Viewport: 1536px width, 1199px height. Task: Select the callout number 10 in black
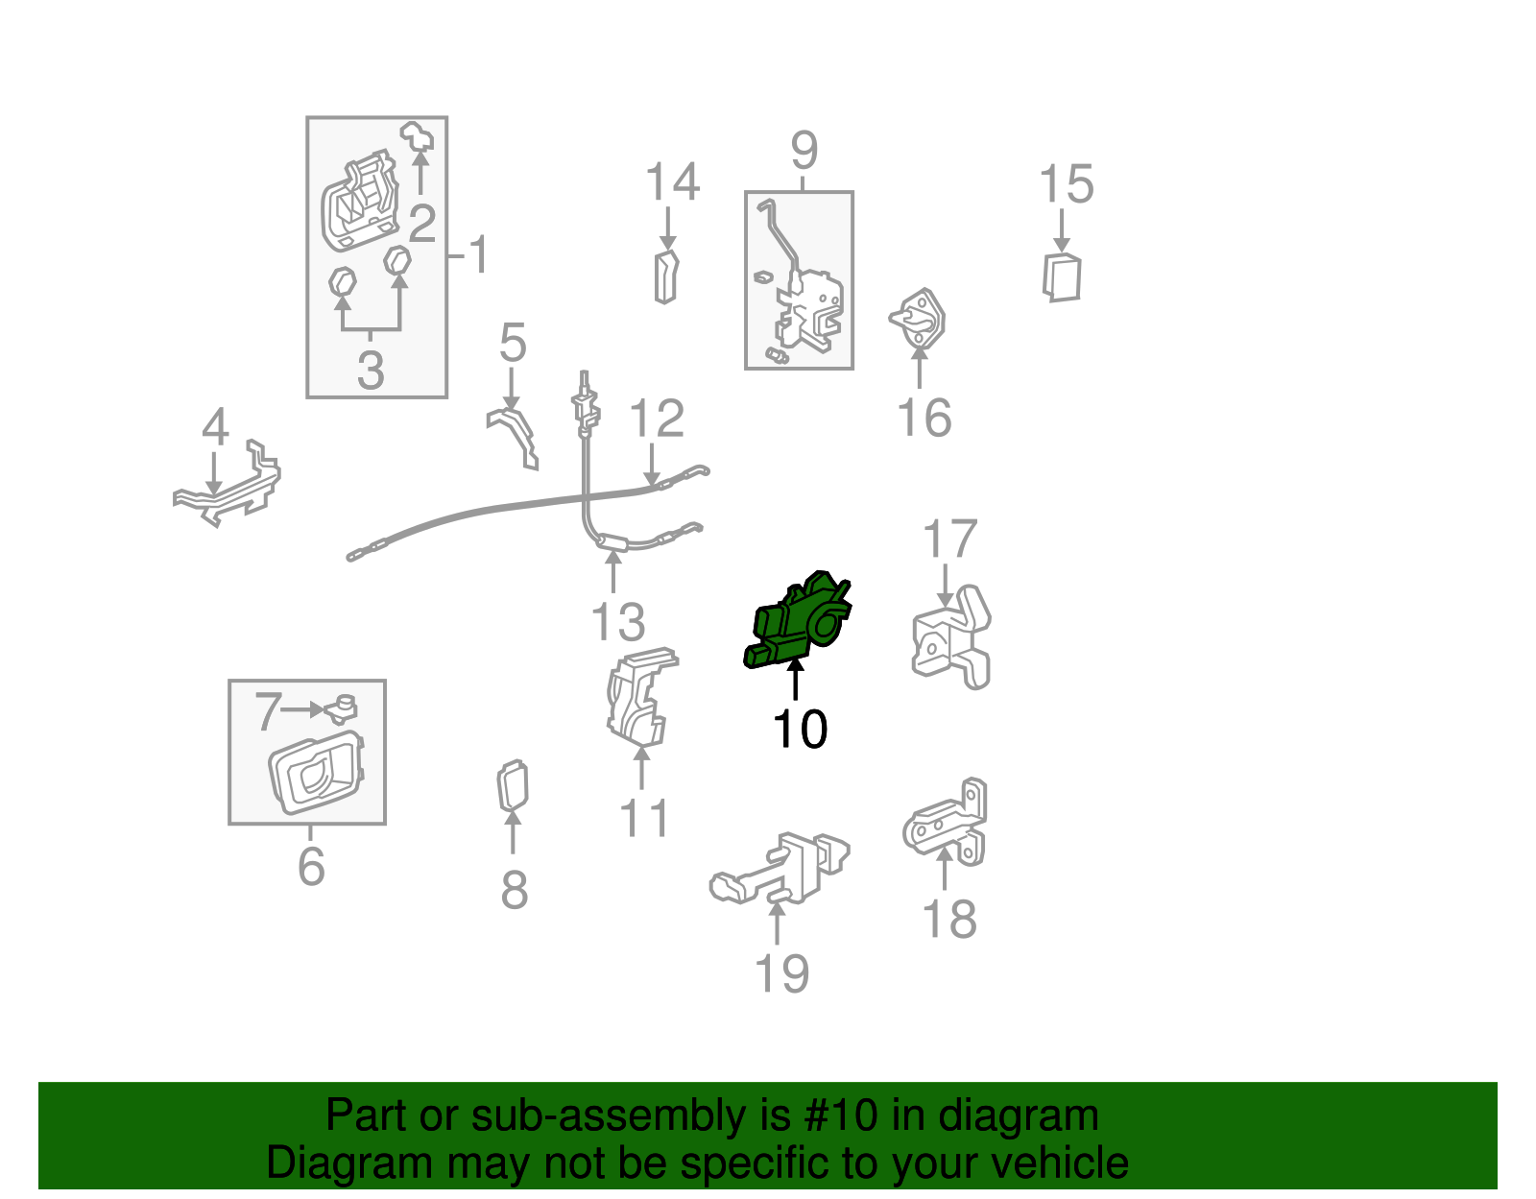(801, 730)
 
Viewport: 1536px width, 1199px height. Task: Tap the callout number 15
(1066, 184)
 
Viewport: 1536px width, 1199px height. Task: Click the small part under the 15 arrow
(1062, 277)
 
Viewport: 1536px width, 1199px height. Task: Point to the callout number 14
(672, 180)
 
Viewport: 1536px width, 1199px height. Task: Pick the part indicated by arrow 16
(918, 319)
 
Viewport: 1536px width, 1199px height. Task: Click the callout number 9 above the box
(804, 150)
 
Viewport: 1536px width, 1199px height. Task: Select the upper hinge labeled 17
(951, 637)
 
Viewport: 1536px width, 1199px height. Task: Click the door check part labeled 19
(780, 869)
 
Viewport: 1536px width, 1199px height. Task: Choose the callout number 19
(781, 972)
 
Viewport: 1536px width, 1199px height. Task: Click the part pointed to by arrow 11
(641, 698)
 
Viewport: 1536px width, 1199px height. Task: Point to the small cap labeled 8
(514, 785)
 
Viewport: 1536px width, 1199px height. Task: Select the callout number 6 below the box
(311, 866)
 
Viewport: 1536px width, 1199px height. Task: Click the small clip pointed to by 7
(342, 709)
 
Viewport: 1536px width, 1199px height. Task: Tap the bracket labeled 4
(228, 484)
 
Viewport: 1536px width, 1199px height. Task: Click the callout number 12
(657, 419)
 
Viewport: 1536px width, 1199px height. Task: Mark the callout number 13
(618, 622)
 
